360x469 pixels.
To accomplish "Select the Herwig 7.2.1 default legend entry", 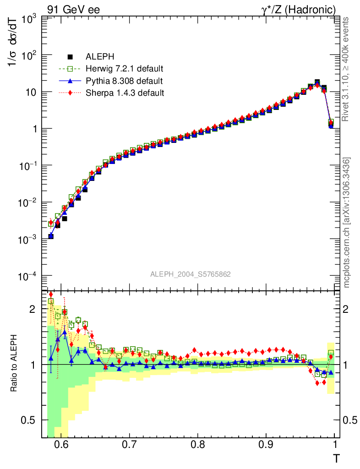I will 125,69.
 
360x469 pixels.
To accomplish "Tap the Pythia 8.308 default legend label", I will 124,81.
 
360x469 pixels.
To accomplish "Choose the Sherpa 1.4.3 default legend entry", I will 125,93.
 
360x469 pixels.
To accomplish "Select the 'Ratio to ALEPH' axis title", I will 14,364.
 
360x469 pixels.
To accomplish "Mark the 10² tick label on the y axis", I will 28,56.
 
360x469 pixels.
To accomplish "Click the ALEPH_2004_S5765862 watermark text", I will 191,274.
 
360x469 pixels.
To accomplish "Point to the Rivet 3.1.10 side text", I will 347,69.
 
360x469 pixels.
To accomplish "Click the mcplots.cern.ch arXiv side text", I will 347,223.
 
